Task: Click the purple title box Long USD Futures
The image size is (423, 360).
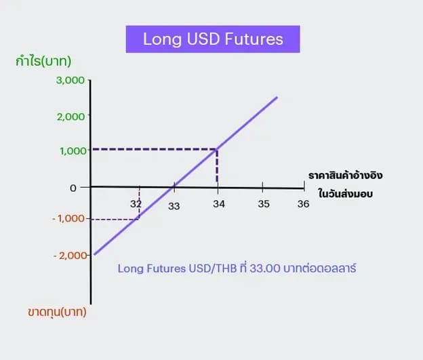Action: coord(213,39)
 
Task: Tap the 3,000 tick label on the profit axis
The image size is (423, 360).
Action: coord(70,80)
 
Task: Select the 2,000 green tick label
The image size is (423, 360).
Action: coord(70,117)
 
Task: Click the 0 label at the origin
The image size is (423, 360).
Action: coord(73,188)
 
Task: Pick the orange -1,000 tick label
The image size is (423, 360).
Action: coord(68,218)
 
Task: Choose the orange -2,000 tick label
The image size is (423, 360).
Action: coord(70,256)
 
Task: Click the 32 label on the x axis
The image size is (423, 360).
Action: coord(136,204)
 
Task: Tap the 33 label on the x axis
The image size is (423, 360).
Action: coord(174,207)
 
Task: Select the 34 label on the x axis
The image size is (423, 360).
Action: coord(219,204)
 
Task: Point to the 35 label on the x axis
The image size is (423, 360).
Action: coord(264,204)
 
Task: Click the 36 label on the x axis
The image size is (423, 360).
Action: coord(303,204)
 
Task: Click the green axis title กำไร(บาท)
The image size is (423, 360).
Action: coord(43,61)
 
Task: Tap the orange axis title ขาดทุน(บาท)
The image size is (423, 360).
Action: coord(57,313)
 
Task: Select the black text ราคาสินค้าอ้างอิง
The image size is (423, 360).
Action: coord(345,175)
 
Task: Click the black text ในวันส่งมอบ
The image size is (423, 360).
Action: coord(345,193)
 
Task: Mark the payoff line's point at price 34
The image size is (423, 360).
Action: coord(217,149)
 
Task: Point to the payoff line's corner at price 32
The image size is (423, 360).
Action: coord(139,219)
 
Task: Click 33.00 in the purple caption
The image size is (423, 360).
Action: coord(265,268)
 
